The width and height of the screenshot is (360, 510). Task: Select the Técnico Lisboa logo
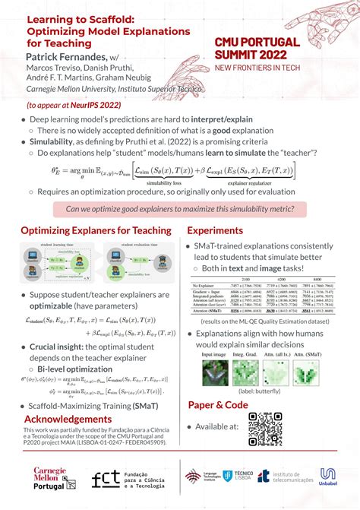[235, 477]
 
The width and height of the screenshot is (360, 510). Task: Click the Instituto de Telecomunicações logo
[285, 477]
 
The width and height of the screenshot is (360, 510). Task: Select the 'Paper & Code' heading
[217, 405]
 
